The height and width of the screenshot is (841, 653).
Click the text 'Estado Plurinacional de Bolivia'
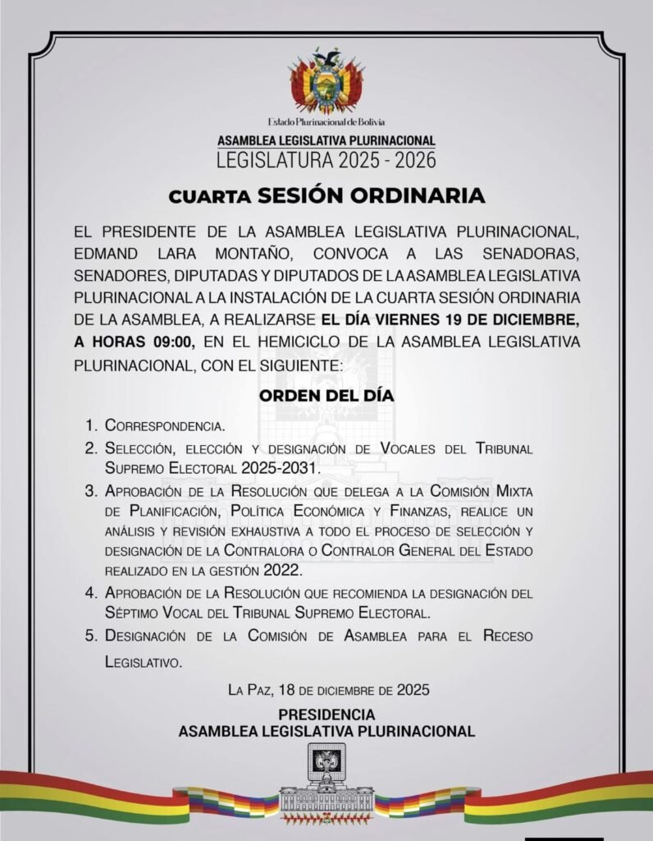click(326, 122)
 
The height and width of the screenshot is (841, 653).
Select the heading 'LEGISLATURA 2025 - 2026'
click(326, 159)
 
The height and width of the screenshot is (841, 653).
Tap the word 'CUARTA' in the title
click(210, 197)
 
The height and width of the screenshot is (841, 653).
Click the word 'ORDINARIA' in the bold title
click(427, 196)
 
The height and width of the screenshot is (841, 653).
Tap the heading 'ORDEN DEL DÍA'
click(326, 395)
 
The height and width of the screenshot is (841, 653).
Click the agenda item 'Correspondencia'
click(165, 426)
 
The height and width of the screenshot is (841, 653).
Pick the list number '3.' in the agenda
click(91, 491)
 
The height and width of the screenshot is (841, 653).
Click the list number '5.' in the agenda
click(91, 636)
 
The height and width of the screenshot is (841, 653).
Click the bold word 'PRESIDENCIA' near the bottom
click(326, 714)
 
